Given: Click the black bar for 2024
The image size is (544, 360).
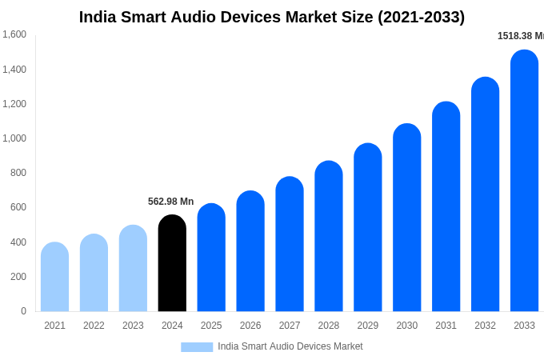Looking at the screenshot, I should (172, 263).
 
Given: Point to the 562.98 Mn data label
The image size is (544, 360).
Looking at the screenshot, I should (170, 202).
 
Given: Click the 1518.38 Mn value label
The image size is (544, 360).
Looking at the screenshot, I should (520, 36).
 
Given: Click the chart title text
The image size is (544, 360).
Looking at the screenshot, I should (271, 17).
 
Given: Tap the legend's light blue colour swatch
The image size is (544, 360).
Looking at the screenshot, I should (197, 346).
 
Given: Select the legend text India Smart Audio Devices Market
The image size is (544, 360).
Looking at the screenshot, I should (290, 346).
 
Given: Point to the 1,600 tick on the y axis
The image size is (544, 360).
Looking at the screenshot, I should (14, 34).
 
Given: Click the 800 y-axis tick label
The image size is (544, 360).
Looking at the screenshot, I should (18, 173).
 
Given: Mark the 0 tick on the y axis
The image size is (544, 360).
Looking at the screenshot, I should (23, 311).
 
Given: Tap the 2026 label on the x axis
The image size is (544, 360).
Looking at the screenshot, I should (250, 326).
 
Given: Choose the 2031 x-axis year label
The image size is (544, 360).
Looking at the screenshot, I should (446, 326).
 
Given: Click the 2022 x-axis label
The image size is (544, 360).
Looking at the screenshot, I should (94, 326).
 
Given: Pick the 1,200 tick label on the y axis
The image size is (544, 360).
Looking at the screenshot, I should (14, 104).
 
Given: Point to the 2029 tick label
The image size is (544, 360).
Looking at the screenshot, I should (367, 326).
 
